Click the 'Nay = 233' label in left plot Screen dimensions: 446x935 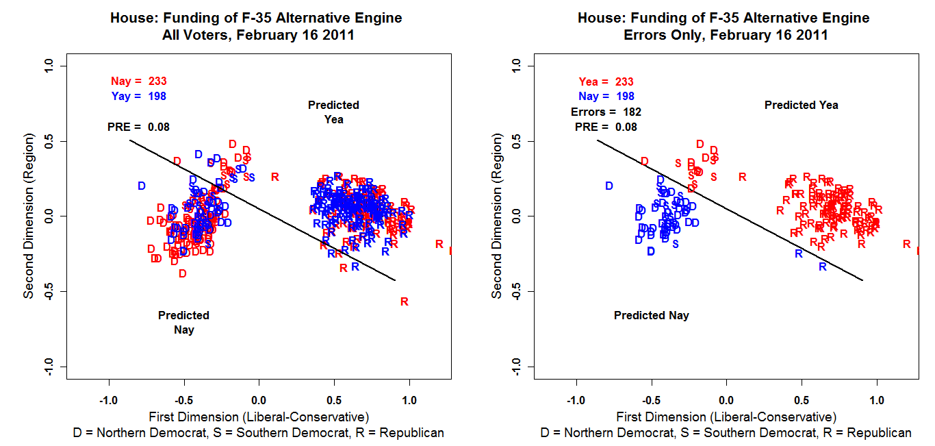point(138,82)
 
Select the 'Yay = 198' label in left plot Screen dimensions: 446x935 point(138,97)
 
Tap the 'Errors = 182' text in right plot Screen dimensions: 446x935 point(606,112)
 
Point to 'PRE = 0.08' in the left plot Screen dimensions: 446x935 point(138,127)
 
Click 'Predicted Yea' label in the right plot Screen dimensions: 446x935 point(801,105)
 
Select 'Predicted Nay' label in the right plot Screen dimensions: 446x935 point(651,316)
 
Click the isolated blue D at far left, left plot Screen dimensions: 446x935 point(142,186)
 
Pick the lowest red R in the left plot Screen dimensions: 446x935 point(405,301)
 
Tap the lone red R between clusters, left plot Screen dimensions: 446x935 point(275,177)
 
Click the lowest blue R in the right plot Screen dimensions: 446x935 point(823,267)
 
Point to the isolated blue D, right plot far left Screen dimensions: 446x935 point(609,186)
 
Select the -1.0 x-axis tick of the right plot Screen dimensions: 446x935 point(576,400)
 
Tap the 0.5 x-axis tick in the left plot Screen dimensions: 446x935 point(334,400)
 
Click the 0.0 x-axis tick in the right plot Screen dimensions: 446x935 point(726,400)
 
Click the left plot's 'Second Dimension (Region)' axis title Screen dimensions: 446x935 point(29,215)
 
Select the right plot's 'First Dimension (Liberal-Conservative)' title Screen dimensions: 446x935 point(726,417)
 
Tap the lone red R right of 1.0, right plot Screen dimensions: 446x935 point(906,244)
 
